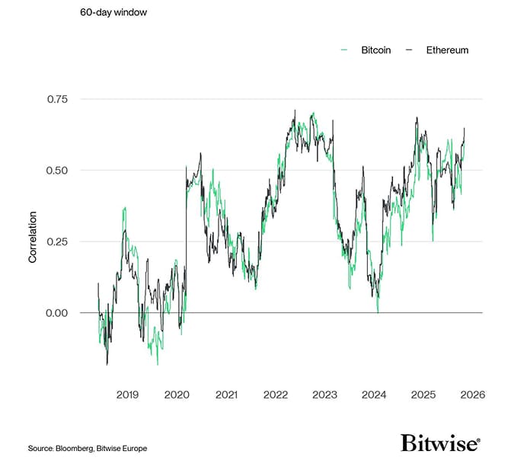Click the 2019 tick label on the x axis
pyautogui.click(x=127, y=395)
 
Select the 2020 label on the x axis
pyautogui.click(x=177, y=395)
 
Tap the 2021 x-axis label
pyautogui.click(x=226, y=395)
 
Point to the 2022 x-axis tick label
pyautogui.click(x=276, y=395)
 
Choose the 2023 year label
pyautogui.click(x=325, y=395)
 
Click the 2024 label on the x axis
pyautogui.click(x=374, y=395)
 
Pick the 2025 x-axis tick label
pyautogui.click(x=423, y=395)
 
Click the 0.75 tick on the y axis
pyautogui.click(x=57, y=99)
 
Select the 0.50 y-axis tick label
pyautogui.click(x=57, y=170)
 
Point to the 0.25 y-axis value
pyautogui.click(x=57, y=241)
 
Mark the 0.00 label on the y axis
pyautogui.click(x=57, y=312)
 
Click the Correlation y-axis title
pyautogui.click(x=33, y=238)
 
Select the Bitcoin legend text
pyautogui.click(x=376, y=50)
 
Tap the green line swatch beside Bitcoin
pyautogui.click(x=344, y=50)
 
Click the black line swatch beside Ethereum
pyautogui.click(x=408, y=50)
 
